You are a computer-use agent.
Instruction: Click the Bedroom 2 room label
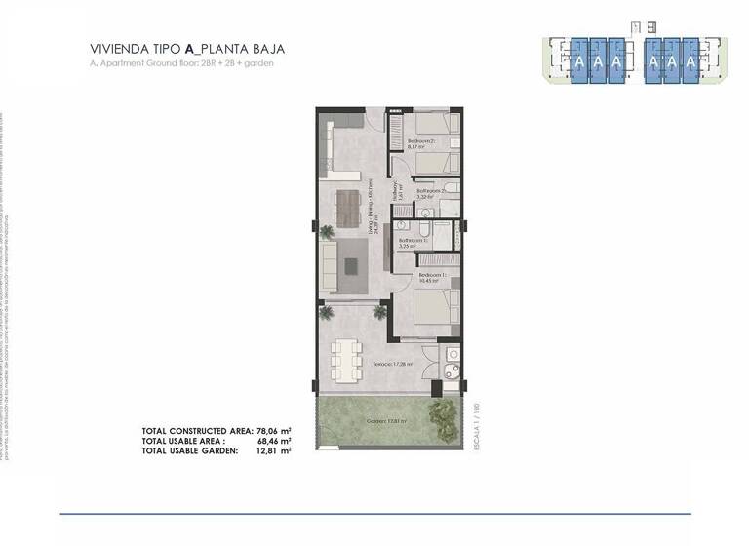(421, 144)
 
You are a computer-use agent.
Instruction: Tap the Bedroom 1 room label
(433, 278)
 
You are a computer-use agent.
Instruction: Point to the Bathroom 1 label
(412, 242)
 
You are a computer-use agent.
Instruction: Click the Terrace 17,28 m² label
(392, 364)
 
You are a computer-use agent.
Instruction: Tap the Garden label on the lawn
(386, 421)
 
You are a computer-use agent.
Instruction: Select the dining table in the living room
(347, 206)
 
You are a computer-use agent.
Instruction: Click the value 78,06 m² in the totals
(274, 430)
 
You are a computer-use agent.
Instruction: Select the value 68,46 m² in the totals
(274, 441)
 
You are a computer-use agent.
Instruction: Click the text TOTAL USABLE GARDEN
(189, 451)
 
